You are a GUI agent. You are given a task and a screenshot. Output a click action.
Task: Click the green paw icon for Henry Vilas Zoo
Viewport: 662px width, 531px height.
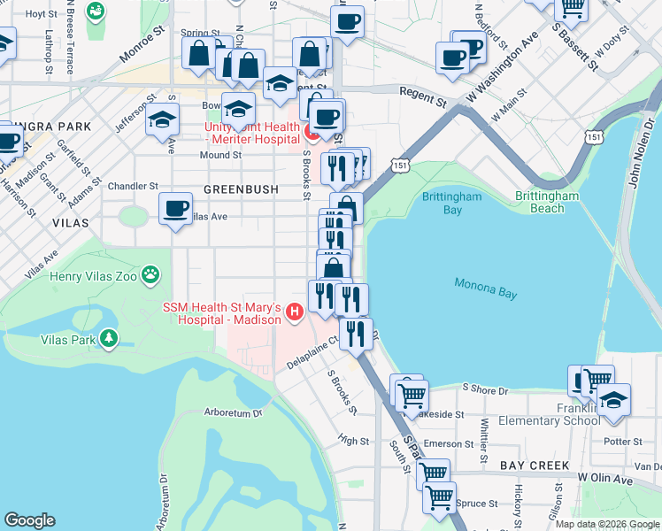coord(152,275)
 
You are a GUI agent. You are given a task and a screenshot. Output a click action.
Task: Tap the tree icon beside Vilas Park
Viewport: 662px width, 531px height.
coord(109,338)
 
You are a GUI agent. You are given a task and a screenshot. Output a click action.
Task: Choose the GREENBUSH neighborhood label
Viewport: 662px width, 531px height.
coord(241,189)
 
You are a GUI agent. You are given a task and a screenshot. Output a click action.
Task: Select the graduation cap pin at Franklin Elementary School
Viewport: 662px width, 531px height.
coord(613,400)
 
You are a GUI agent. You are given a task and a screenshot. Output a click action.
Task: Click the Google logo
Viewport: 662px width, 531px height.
coord(30,519)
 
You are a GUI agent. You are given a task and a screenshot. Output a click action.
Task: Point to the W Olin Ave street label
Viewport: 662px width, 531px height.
coord(606,479)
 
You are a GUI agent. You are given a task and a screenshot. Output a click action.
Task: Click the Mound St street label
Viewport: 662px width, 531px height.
coord(220,155)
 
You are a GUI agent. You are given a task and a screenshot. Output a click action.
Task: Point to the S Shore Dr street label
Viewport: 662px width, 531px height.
coord(486,389)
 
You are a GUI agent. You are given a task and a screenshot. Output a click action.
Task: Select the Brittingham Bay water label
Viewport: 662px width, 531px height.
coord(453,203)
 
